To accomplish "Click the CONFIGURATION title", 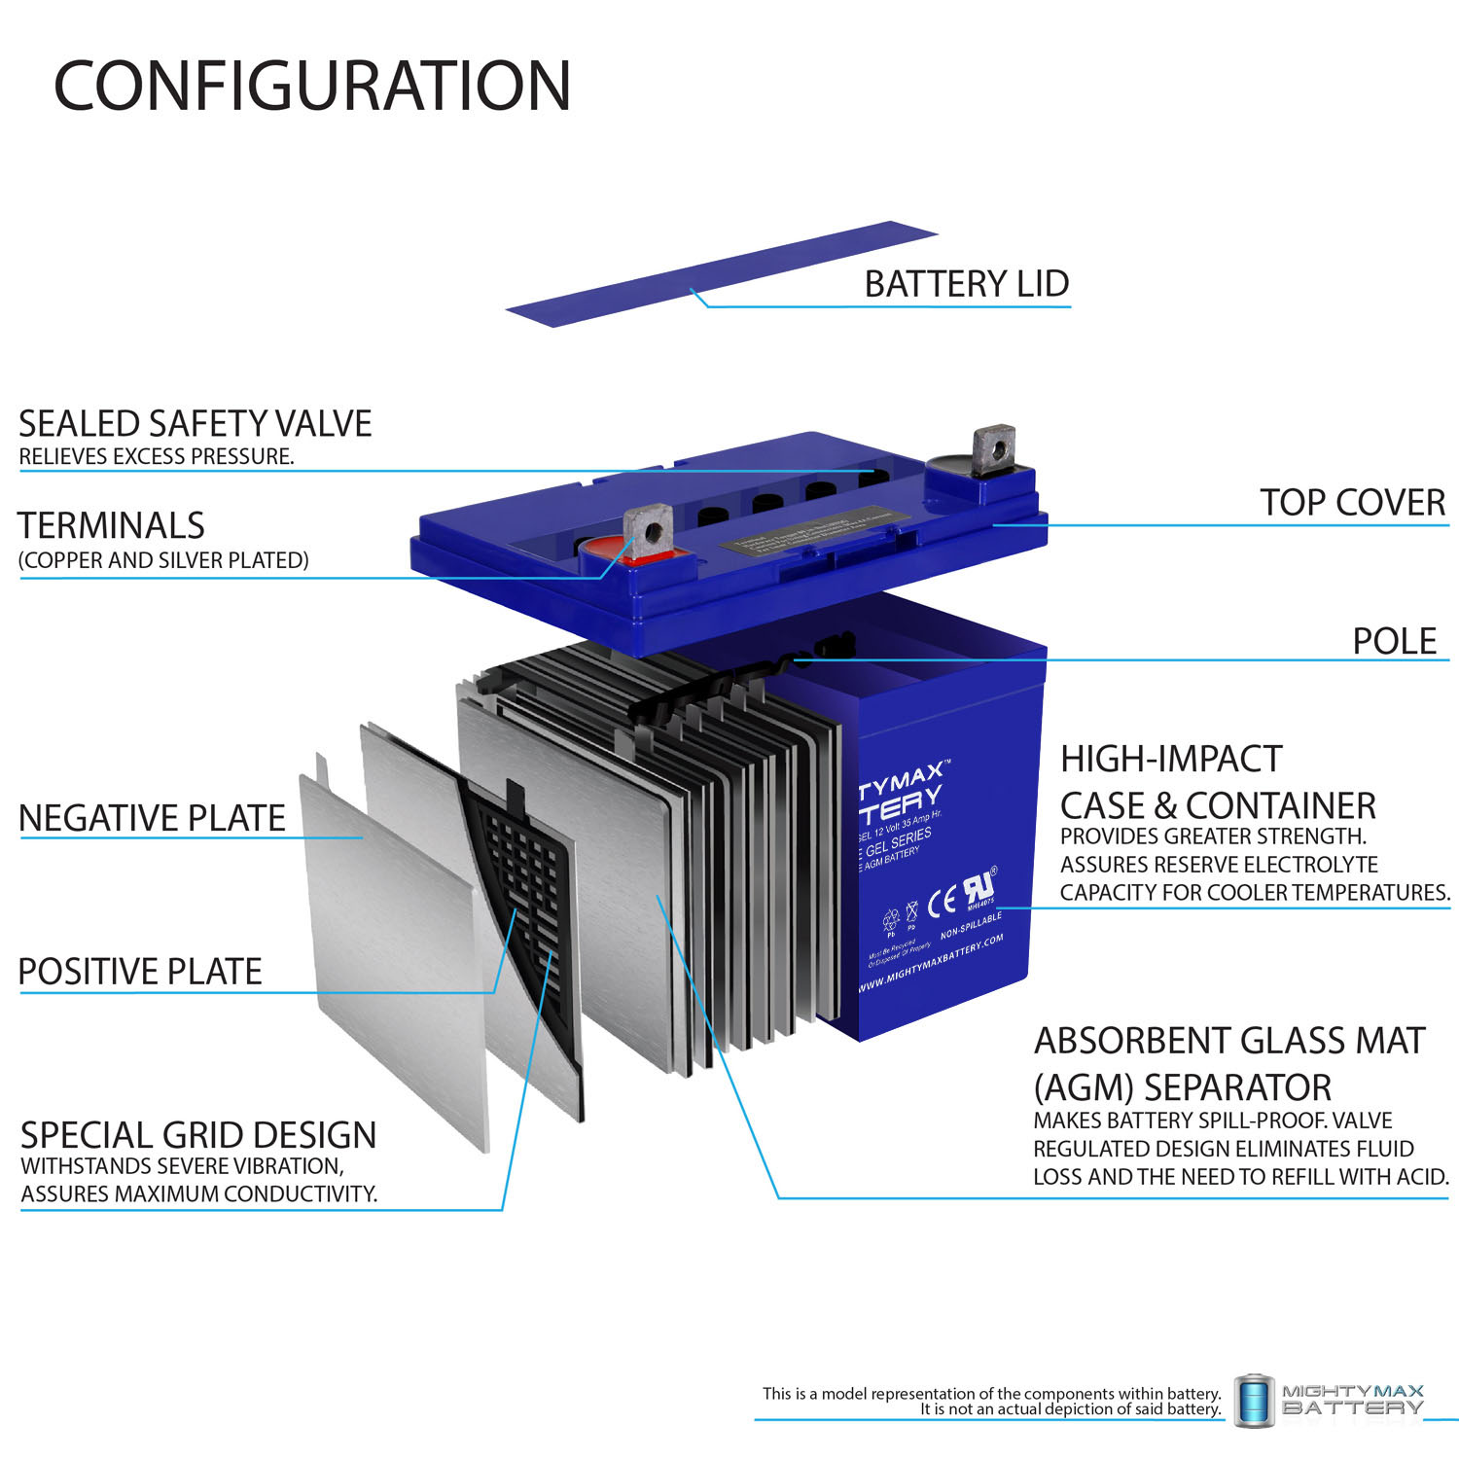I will click(x=311, y=86).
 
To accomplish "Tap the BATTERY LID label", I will click(x=966, y=284).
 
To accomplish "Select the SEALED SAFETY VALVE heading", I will click(x=195, y=424).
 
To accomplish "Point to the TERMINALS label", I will click(x=111, y=526).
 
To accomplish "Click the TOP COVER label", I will click(x=1352, y=503).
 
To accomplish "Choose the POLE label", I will click(x=1394, y=642).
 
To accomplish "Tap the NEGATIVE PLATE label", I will click(x=152, y=819).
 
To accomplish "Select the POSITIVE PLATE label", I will click(x=140, y=972).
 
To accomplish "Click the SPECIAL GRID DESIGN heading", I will click(x=198, y=1135).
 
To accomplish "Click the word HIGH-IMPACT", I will click(x=1171, y=759).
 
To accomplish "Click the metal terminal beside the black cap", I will click(x=993, y=448).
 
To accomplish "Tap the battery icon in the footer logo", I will click(x=1254, y=1401).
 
